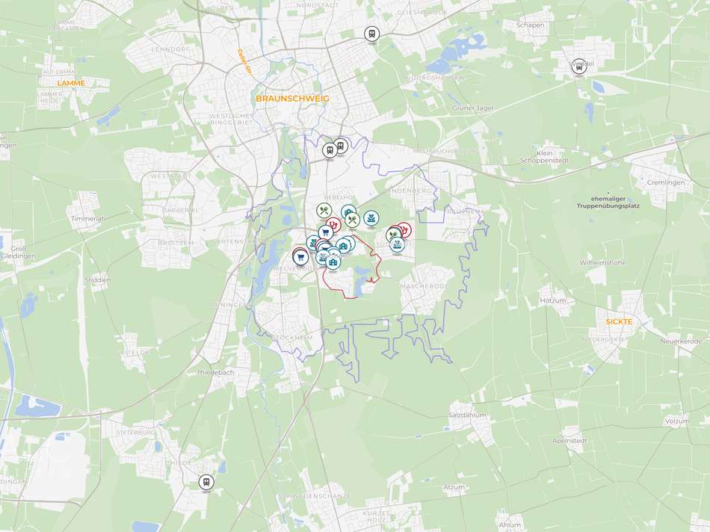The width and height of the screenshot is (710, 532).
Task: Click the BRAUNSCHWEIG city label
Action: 292,98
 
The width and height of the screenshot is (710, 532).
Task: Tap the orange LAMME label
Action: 71,83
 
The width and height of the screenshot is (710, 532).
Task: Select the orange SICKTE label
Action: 619,321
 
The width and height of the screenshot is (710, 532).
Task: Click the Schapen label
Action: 530,25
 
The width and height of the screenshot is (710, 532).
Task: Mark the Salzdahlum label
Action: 467,415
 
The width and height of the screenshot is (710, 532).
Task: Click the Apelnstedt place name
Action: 569,441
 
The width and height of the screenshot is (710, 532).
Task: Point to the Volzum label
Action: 677,421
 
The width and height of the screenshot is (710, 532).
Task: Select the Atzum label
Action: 454,487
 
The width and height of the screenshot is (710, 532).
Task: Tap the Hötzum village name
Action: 552,300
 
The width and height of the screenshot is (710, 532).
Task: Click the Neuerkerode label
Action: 681,341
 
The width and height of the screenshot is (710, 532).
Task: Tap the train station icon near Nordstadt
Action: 371,33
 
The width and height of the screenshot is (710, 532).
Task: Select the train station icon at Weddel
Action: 578,66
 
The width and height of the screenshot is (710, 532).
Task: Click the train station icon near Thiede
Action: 206,482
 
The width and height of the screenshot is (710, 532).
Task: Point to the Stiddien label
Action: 98,280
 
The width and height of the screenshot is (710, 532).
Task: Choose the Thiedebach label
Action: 215,372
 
